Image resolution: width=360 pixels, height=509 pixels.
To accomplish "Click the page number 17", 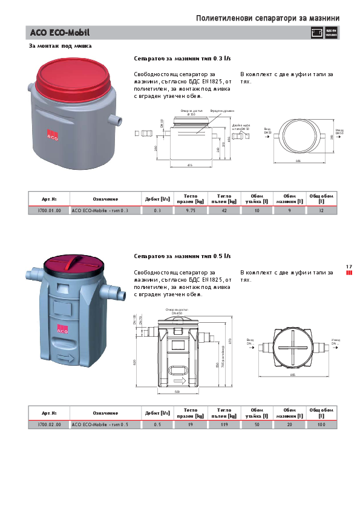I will click(349, 267).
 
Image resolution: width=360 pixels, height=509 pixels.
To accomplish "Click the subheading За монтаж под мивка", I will click(61, 46).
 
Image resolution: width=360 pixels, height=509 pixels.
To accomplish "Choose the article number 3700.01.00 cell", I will click(49, 210).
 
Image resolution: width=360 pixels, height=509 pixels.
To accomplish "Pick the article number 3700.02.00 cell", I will click(49, 425).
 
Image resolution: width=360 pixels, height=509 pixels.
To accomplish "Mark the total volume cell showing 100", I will click(321, 425).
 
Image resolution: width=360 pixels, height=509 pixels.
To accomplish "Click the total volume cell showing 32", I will click(321, 210).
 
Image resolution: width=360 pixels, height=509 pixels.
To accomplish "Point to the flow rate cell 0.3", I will click(157, 210).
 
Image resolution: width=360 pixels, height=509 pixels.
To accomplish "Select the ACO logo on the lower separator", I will click(62, 329).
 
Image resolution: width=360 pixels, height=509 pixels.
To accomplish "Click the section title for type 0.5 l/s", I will click(182, 256).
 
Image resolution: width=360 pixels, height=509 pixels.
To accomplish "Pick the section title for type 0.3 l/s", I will click(182, 59).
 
